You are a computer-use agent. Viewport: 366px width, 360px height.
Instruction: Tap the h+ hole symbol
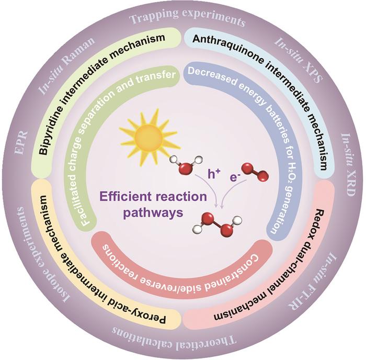214,174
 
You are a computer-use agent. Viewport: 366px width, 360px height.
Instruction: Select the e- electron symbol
235,177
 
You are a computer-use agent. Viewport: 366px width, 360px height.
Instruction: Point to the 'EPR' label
22,142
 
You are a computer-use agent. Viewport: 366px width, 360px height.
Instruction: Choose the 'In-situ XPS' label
299,60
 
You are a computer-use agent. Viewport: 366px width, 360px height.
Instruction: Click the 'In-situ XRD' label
348,165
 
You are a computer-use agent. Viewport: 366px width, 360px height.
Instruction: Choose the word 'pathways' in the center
153,212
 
